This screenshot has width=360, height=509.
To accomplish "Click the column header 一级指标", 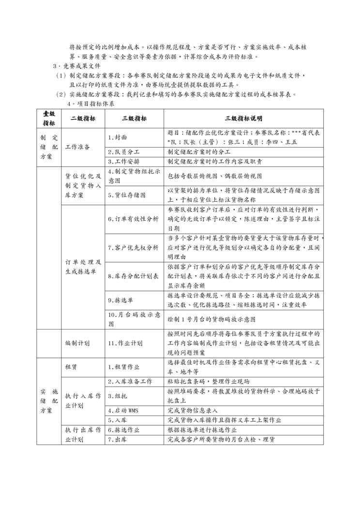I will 48,119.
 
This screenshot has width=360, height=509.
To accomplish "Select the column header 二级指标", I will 83,119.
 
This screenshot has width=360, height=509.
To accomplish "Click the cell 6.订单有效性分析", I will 133,219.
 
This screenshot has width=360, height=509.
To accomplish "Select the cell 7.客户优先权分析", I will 133,248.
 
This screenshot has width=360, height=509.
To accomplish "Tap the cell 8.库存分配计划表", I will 133,277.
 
